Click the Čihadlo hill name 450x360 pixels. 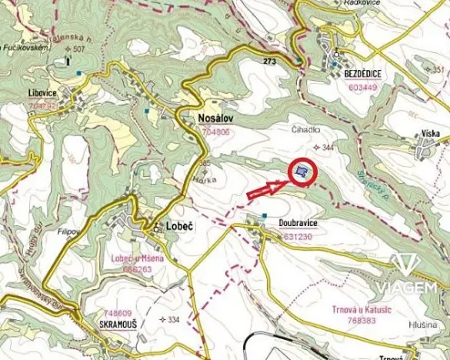(x=305, y=130)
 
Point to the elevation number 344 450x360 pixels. (x=328, y=146)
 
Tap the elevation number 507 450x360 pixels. (x=79, y=48)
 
